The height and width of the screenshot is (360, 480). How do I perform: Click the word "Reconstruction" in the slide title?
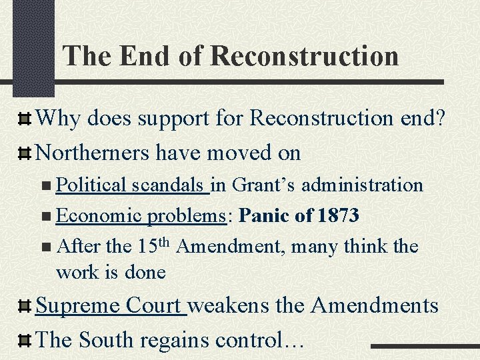point(304,57)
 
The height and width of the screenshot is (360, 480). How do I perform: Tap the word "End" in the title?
point(141,56)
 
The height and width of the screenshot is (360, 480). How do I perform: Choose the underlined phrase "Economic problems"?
point(139,215)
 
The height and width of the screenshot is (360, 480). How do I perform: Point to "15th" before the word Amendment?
point(155,245)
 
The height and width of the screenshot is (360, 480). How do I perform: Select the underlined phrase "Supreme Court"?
point(109,306)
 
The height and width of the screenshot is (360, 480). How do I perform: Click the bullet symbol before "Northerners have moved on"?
point(24,154)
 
